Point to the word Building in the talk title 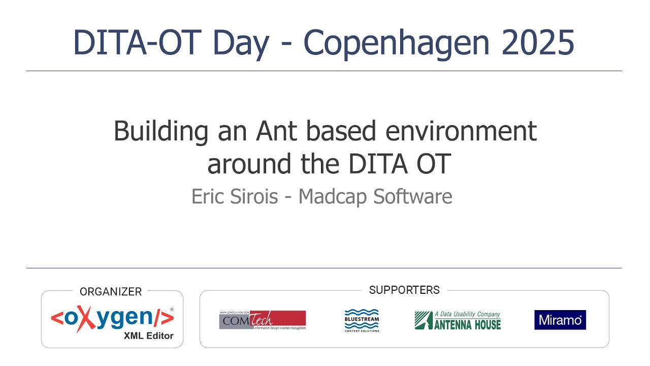(x=160, y=131)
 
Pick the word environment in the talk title (x=461, y=131)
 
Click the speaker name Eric (x=208, y=196)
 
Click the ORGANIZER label (x=111, y=292)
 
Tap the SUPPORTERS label (x=404, y=290)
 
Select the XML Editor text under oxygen (x=148, y=335)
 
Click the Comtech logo (x=263, y=320)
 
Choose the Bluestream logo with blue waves (x=362, y=320)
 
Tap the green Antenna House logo (x=458, y=320)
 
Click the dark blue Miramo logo (x=560, y=320)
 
